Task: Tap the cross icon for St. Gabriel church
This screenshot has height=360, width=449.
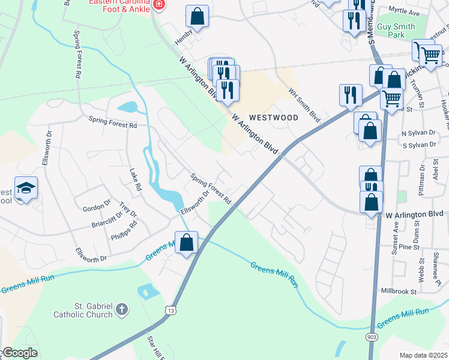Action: [x=122, y=310]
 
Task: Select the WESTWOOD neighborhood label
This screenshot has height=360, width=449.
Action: [x=273, y=118]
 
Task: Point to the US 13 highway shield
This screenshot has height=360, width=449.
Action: [x=172, y=310]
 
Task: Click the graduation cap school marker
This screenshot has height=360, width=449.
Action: [x=26, y=189]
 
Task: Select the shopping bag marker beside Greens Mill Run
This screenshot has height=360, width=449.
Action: [x=187, y=243]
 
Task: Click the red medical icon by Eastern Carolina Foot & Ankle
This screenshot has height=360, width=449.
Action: [x=158, y=6]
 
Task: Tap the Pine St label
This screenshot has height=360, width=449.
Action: [x=408, y=247]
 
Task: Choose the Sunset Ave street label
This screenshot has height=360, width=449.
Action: [x=395, y=238]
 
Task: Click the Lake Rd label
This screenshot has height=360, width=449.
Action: [x=135, y=179]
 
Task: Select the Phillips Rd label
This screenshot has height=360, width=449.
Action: [x=124, y=230]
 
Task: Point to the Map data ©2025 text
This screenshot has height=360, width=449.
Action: [x=423, y=355]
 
